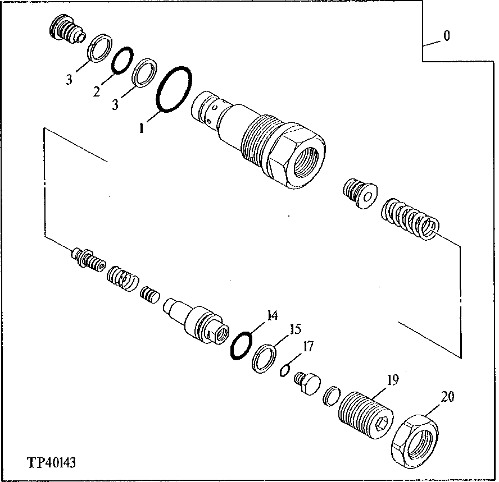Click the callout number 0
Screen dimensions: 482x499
tap(446, 37)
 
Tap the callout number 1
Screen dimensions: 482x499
tap(143, 128)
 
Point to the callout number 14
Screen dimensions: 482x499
tap(272, 315)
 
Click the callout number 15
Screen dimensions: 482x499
tap(295, 329)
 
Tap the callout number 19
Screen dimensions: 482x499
tap(391, 380)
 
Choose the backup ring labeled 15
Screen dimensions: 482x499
tap(264, 359)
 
